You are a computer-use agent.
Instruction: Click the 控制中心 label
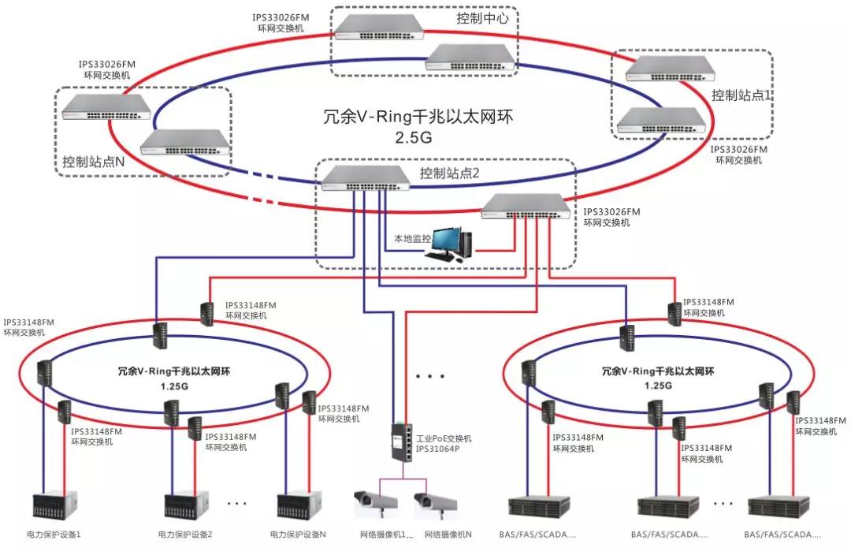481,18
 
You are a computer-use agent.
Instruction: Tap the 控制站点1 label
739,95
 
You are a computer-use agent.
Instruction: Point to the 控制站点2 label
450,173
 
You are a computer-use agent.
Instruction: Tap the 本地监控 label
412,237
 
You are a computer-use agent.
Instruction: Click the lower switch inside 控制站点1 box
656,119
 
